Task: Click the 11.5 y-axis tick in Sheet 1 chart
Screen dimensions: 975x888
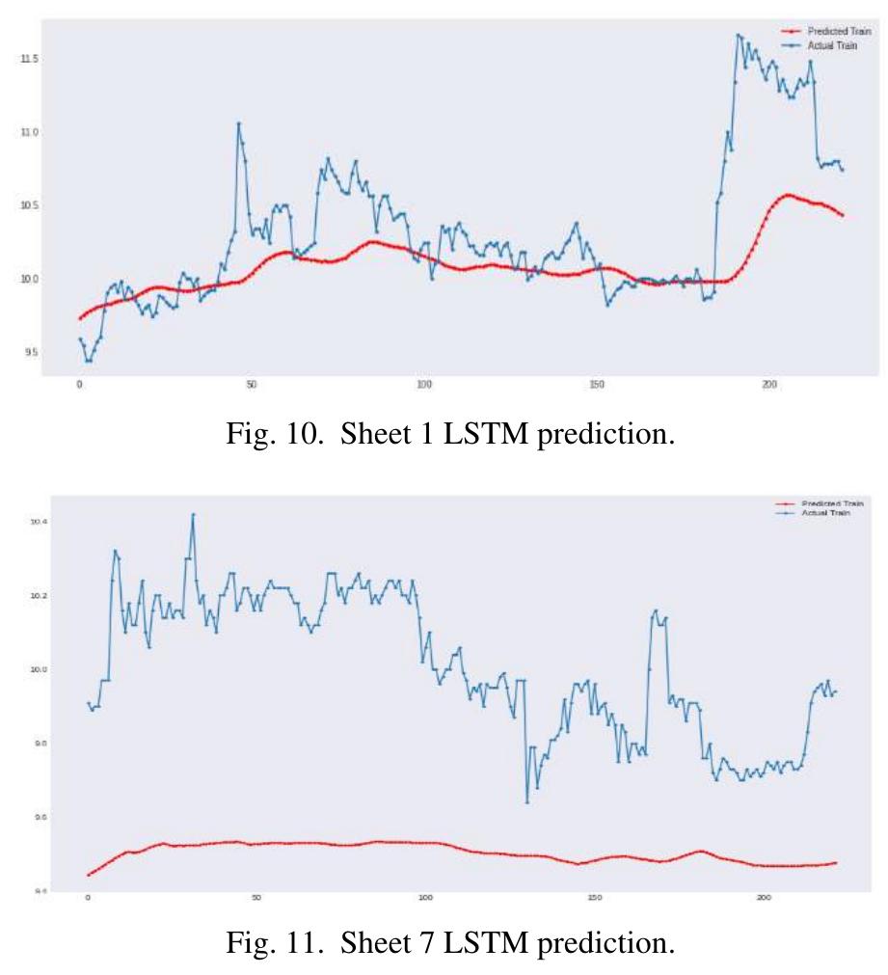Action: pyautogui.click(x=28, y=59)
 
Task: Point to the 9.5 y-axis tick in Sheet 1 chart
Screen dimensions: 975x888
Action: pyautogui.click(x=28, y=352)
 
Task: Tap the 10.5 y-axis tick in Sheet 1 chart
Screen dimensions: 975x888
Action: pyautogui.click(x=28, y=205)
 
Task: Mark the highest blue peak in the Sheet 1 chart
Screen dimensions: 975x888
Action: pyautogui.click(x=739, y=35)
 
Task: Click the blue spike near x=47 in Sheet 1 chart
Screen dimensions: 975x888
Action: pyautogui.click(x=238, y=123)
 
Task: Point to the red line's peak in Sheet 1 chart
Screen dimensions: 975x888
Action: pyautogui.click(x=788, y=195)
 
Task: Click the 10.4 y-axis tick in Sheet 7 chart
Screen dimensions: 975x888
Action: pyautogui.click(x=39, y=522)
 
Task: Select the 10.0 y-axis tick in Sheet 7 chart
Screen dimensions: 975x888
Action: pyautogui.click(x=39, y=669)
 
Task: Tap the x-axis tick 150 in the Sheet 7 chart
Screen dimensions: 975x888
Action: pyautogui.click(x=594, y=898)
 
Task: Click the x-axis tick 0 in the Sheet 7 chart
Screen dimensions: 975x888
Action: pyautogui.click(x=88, y=898)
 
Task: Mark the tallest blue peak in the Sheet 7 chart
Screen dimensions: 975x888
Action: pyautogui.click(x=193, y=514)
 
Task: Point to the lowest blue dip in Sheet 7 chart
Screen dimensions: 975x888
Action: pyautogui.click(x=527, y=801)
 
